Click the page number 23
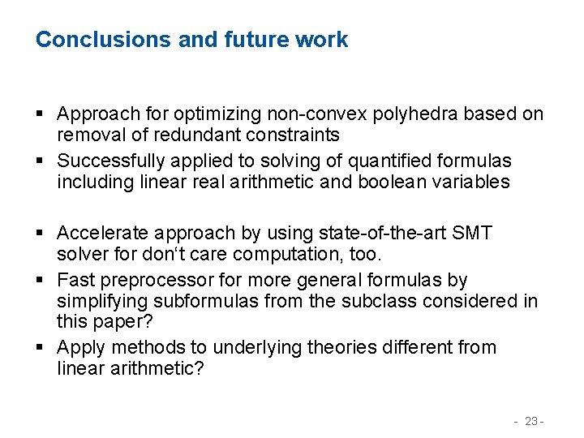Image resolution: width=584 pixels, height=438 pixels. [531, 421]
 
